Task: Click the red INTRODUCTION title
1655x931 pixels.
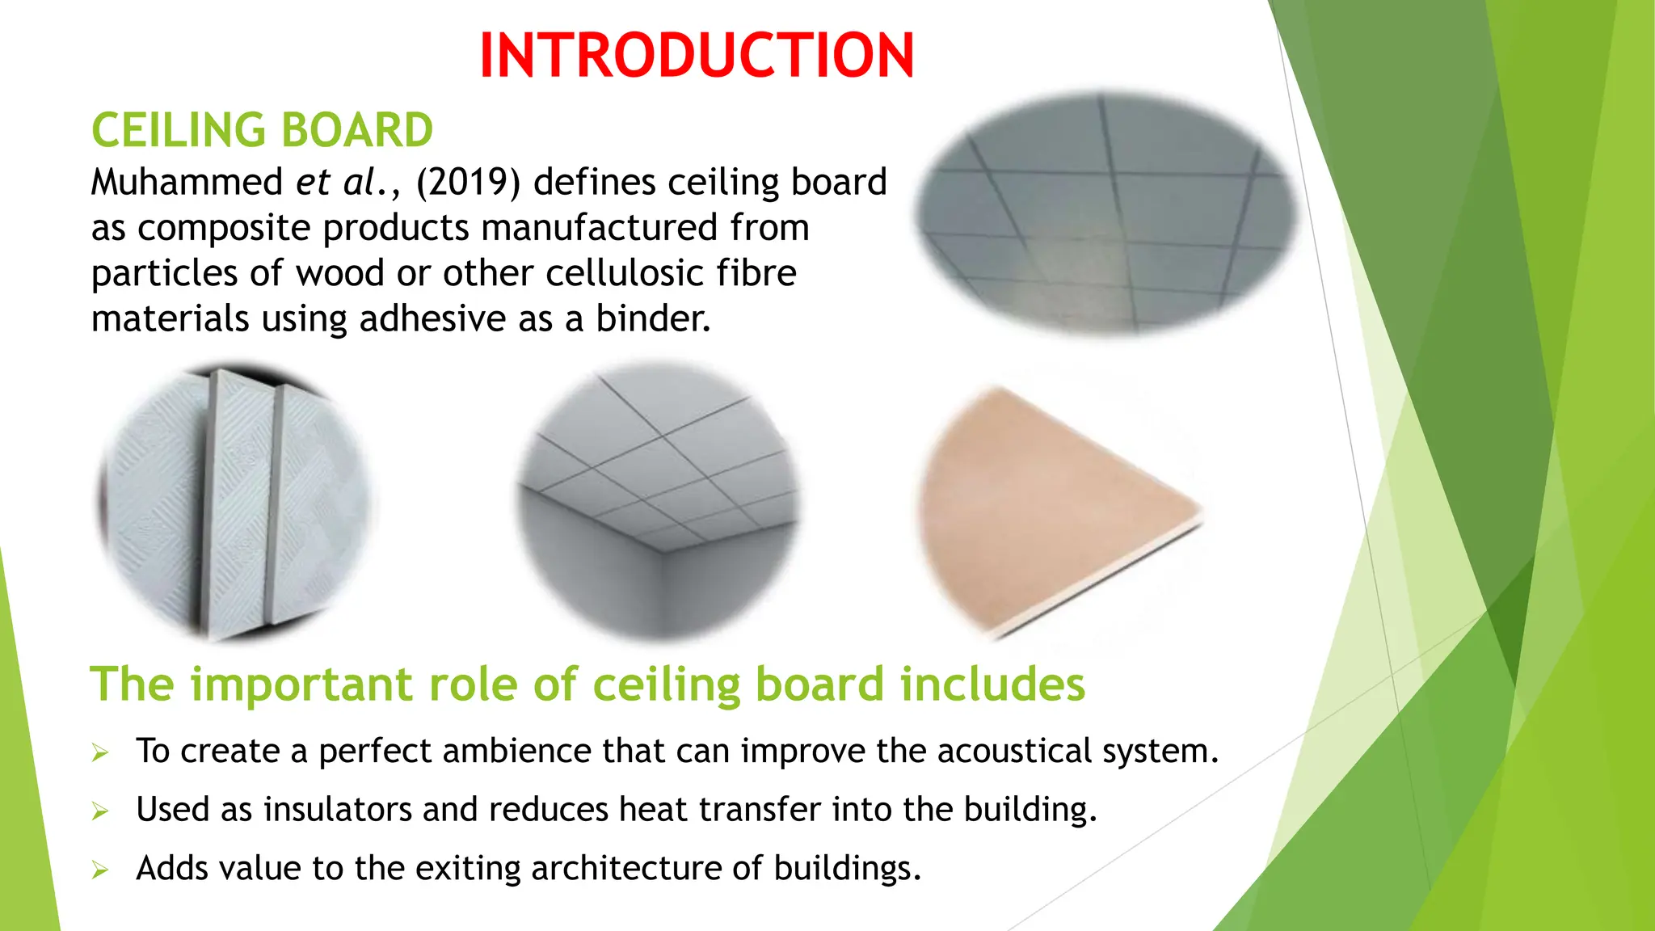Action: pos(697,56)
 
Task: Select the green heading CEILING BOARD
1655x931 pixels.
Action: pos(262,130)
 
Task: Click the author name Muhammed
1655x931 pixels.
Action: pos(187,183)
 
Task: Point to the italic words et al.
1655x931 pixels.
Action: pos(339,183)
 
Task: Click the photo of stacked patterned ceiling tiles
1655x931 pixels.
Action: pos(234,503)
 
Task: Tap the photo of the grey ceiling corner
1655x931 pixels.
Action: pos(659,503)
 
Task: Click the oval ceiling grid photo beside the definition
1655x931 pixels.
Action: pos(1107,214)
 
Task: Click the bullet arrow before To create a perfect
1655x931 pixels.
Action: pos(100,753)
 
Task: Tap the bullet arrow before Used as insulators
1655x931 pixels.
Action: pos(100,811)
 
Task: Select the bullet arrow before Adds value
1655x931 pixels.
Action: pos(100,870)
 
